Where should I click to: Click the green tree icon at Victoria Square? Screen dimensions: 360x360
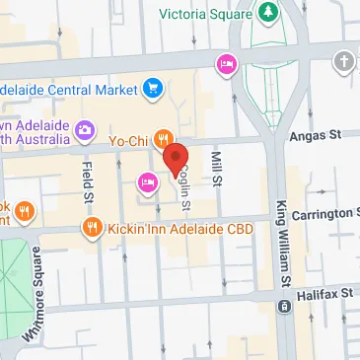(x=268, y=12)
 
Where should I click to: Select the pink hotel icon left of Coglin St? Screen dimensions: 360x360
(x=147, y=180)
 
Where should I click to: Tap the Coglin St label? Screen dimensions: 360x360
(x=184, y=187)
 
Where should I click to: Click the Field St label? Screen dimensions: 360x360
(x=87, y=182)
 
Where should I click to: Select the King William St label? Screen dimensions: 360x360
(x=283, y=248)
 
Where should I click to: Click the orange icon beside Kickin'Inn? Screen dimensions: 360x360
(x=93, y=228)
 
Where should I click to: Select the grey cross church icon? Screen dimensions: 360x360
(x=344, y=61)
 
